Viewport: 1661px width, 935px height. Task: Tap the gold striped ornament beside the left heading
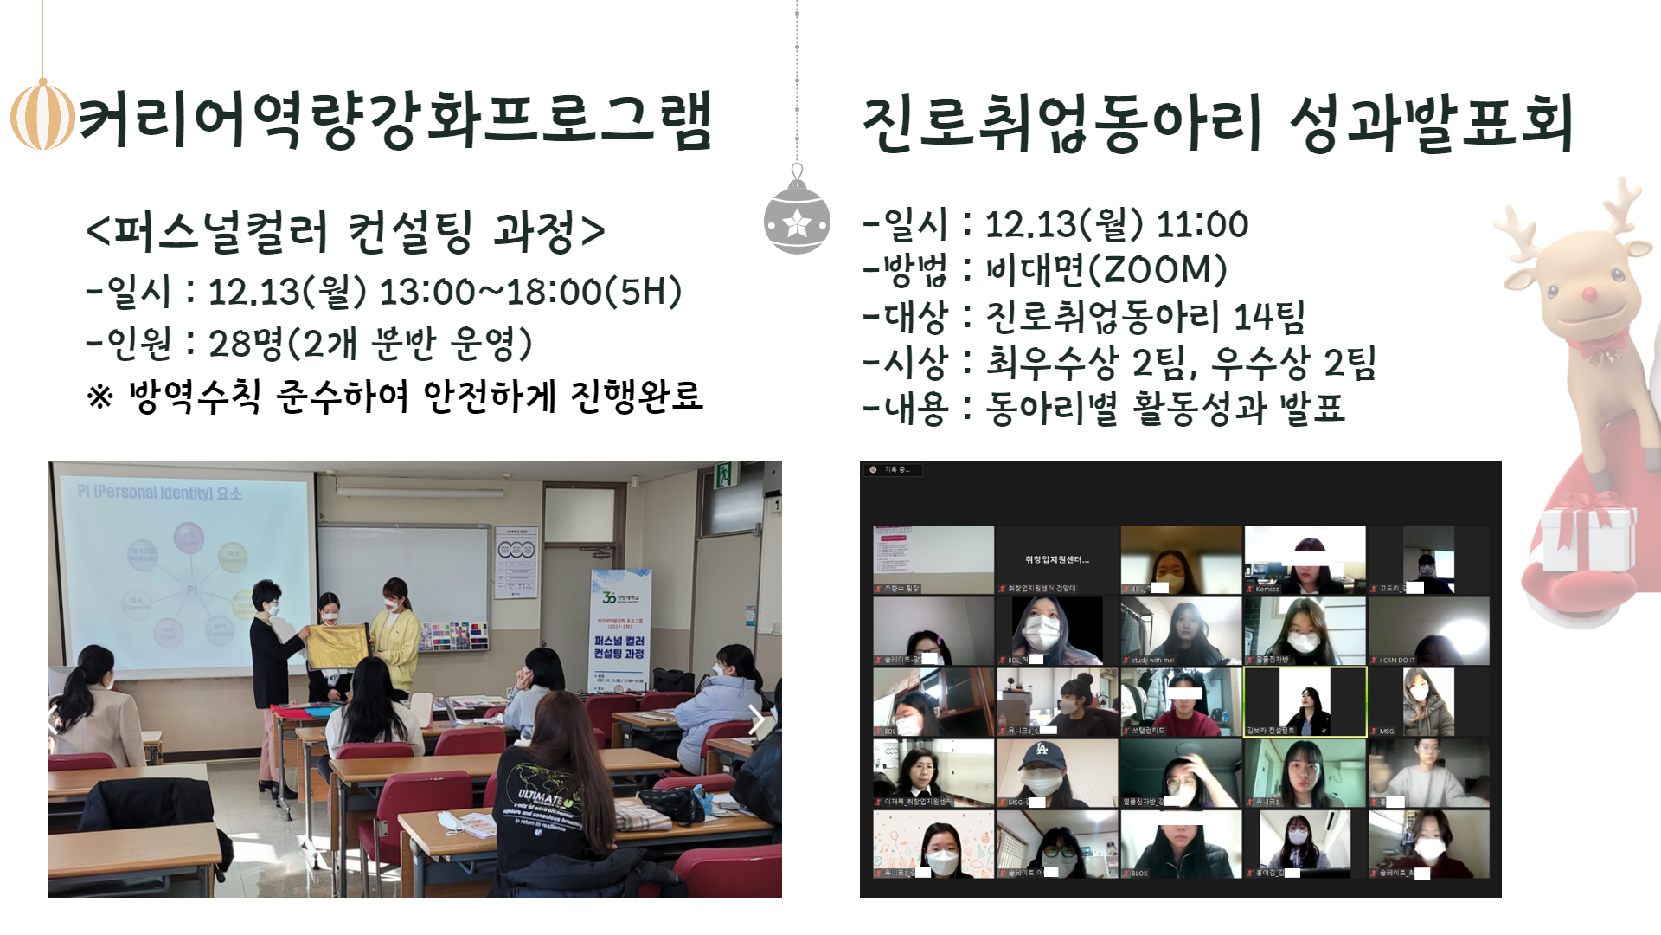[x=42, y=114]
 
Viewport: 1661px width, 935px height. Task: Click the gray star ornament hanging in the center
[x=797, y=221]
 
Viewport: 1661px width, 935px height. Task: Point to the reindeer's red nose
[x=1589, y=296]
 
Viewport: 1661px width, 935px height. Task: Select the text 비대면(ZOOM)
[x=1106, y=270]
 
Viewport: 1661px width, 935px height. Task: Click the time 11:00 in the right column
[x=1202, y=225]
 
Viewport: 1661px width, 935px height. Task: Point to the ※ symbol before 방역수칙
[x=100, y=397]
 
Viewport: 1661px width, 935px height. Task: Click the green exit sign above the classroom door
[x=723, y=474]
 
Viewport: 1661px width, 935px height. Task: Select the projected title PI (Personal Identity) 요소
[x=160, y=493]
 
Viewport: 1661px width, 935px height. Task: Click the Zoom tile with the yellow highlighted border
[x=1305, y=702]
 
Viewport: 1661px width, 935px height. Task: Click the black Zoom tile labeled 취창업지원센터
[x=1056, y=559]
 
